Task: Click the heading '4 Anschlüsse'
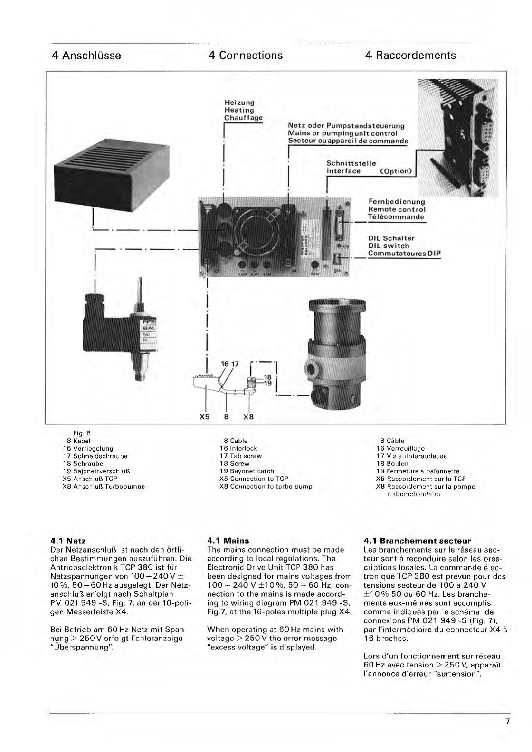[86, 56]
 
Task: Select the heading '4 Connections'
[245, 56]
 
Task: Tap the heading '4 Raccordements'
[410, 56]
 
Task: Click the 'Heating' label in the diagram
[239, 110]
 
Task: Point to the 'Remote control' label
[397, 209]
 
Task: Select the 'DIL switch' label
[389, 246]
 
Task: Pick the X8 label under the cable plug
[248, 417]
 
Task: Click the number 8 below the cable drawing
[227, 417]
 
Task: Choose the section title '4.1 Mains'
[228, 541]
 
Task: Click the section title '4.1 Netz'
[68, 541]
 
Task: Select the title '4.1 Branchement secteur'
[417, 541]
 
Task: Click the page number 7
[507, 722]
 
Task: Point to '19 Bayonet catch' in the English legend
[247, 471]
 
